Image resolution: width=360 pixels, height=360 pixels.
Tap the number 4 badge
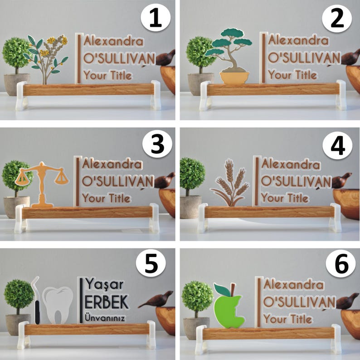tap(337, 146)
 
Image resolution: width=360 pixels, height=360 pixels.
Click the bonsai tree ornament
tap(229, 56)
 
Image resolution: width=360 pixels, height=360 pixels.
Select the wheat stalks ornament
tap(229, 183)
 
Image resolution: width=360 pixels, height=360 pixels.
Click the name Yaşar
tap(104, 284)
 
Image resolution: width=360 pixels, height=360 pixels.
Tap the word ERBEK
tap(107, 302)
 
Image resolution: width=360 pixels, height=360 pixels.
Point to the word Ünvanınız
tap(105, 318)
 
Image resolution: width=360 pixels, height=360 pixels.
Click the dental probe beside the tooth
tap(36, 300)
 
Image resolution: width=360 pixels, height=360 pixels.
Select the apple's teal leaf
tap(222, 290)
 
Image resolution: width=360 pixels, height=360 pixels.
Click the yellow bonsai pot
tap(234, 78)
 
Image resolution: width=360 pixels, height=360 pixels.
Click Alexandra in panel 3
tap(112, 165)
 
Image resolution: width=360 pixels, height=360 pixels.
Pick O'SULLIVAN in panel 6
tap(299, 302)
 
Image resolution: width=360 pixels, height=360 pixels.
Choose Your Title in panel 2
tap(293, 75)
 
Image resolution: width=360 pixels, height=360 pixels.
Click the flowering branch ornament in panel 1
tap(45, 59)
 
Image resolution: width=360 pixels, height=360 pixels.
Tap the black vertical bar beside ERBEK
tap(81, 300)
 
